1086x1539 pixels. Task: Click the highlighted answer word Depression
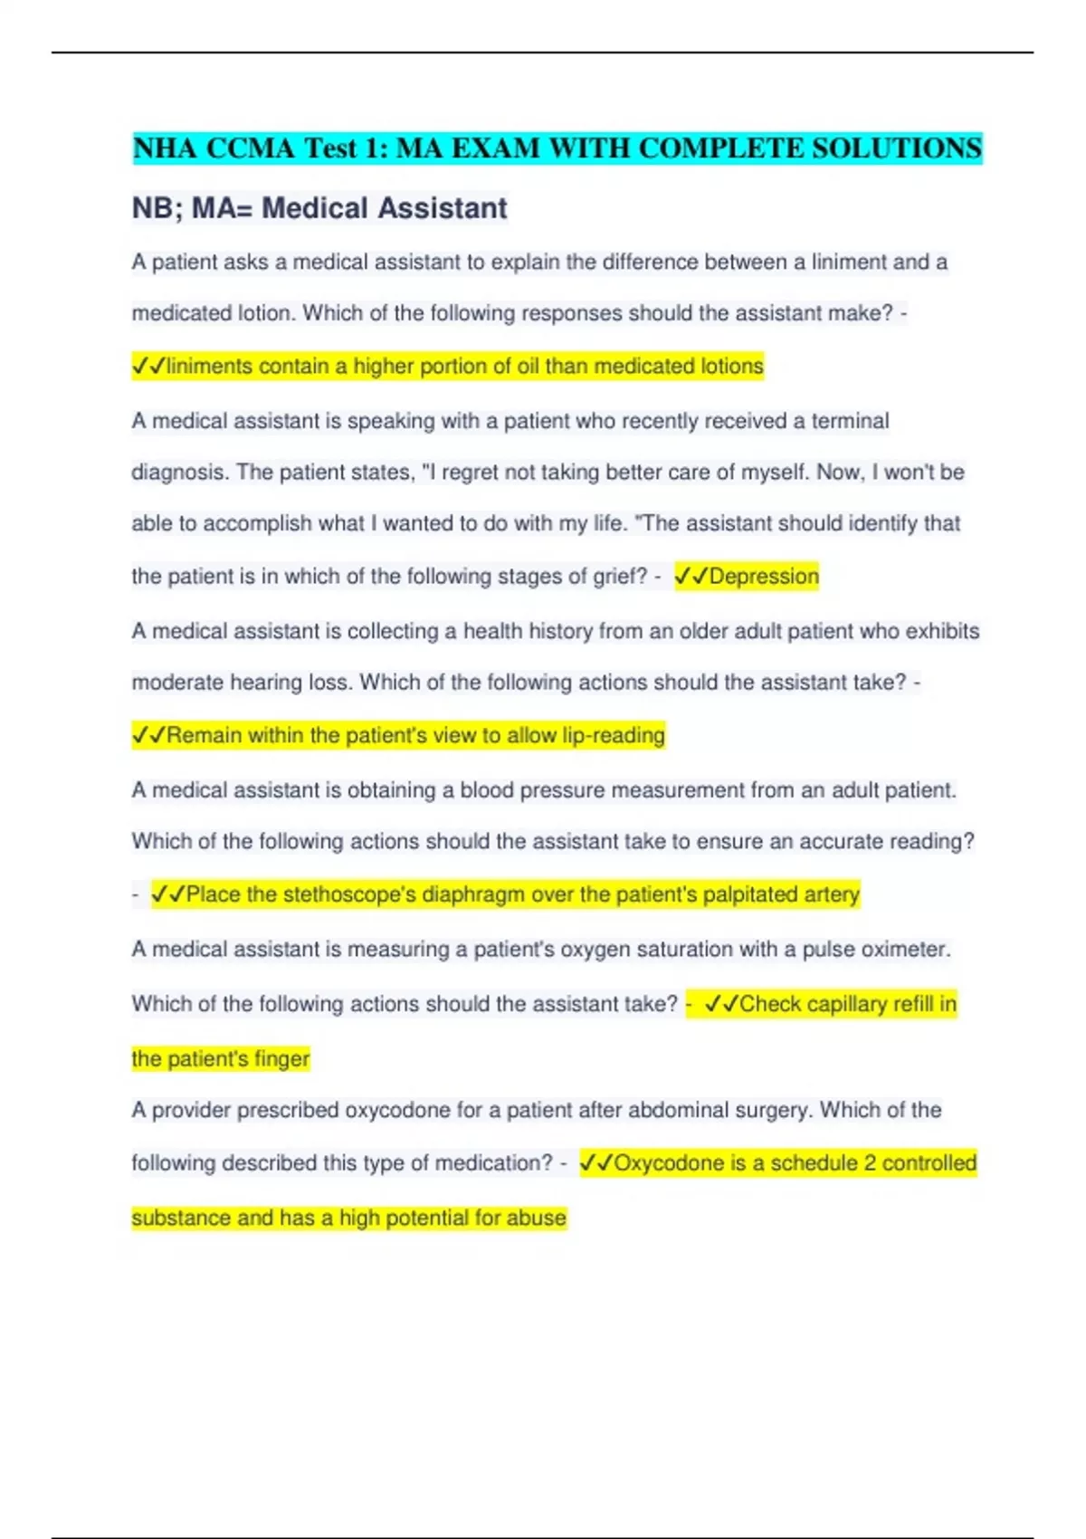pyautogui.click(x=764, y=577)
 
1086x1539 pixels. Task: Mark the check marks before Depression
pyautogui.click(x=691, y=577)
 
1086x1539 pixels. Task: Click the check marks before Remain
pyautogui.click(x=148, y=735)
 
